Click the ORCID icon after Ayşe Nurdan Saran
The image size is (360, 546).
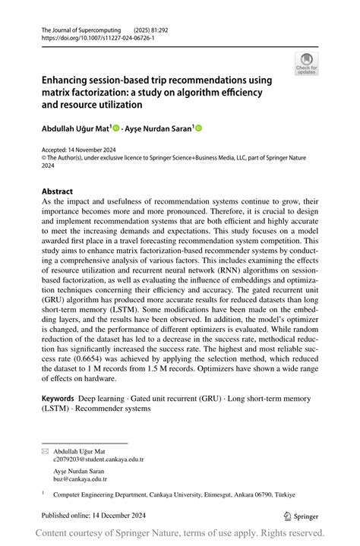(200, 129)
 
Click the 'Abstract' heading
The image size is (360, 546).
(58, 191)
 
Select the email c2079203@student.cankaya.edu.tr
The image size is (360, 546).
(98, 459)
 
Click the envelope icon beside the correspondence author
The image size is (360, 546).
(44, 451)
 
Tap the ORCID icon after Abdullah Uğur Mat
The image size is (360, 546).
(117, 129)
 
